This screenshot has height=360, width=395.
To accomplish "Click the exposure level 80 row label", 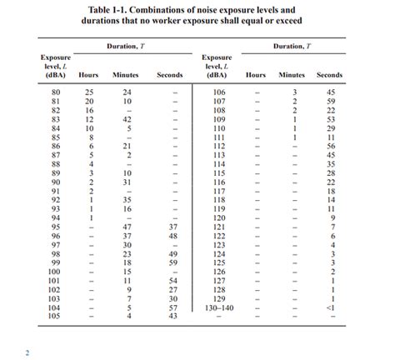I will [56, 91].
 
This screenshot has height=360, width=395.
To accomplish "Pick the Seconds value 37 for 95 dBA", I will [172, 226].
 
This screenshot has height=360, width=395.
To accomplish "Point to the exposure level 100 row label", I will [56, 272].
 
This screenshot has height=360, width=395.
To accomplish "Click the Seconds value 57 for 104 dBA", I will [172, 307].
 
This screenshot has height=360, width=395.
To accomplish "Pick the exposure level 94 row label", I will [56, 217].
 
